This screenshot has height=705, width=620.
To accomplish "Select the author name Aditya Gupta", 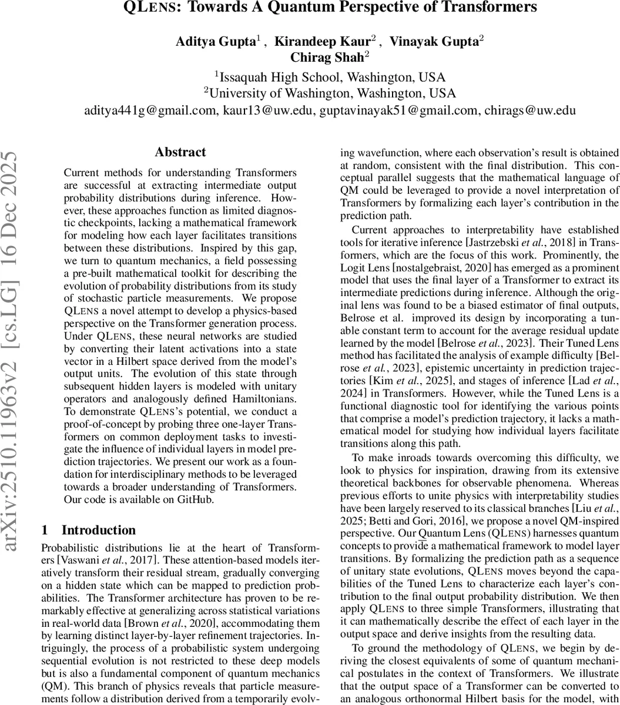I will pyautogui.click(x=215, y=42).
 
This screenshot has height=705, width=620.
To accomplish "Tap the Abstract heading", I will pyautogui.click(x=180, y=152).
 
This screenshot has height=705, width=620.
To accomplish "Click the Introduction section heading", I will pyautogui.click(x=99, y=530).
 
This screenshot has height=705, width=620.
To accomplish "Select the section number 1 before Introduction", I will pyautogui.click(x=45, y=530).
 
